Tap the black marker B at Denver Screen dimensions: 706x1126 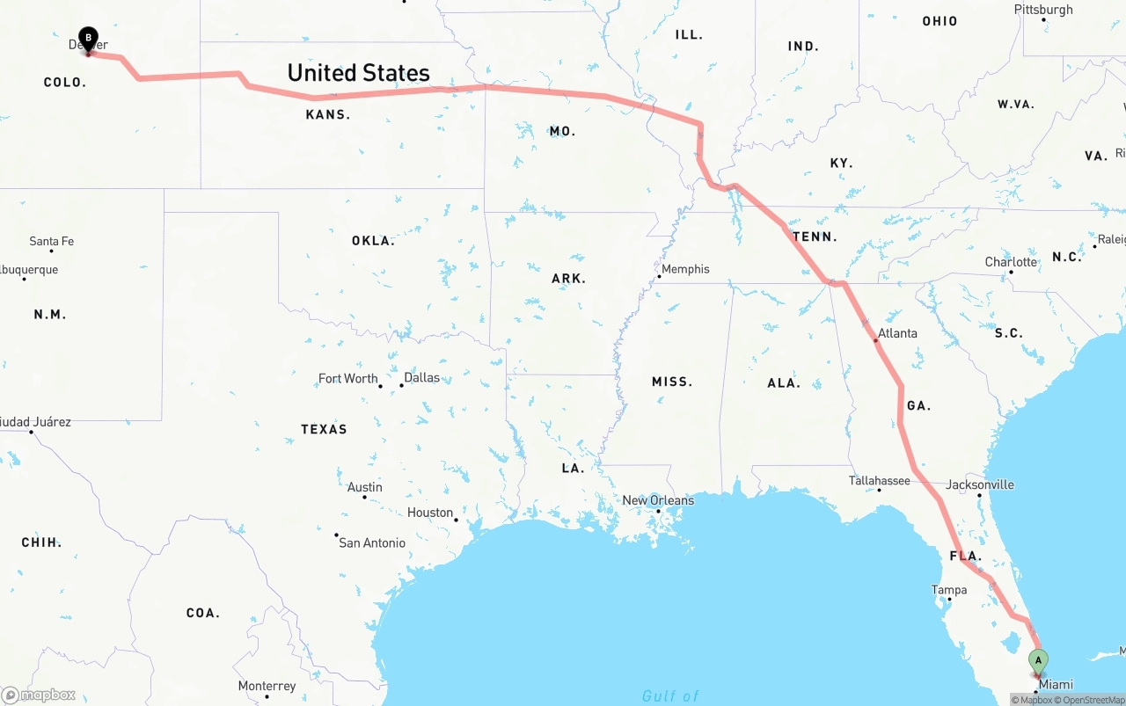(88, 38)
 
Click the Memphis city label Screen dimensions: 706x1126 (685, 269)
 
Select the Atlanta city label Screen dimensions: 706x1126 (897, 333)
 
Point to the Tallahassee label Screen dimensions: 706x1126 (879, 480)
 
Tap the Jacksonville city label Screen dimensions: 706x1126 (979, 484)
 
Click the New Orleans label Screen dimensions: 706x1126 (658, 500)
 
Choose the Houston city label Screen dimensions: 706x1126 (430, 513)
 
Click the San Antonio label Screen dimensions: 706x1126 (372, 542)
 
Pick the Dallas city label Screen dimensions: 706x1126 (421, 377)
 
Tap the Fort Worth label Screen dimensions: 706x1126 (347, 378)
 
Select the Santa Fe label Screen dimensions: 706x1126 (51, 241)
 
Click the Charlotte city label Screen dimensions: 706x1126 (1011, 262)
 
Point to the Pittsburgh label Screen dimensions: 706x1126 (1043, 10)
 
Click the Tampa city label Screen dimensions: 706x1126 (949, 590)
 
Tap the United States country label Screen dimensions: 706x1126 (358, 73)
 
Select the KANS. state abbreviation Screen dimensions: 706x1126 (327, 115)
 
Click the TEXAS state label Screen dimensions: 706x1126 (324, 429)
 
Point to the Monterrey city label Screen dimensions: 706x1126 (267, 686)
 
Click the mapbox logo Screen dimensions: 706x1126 (40, 695)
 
